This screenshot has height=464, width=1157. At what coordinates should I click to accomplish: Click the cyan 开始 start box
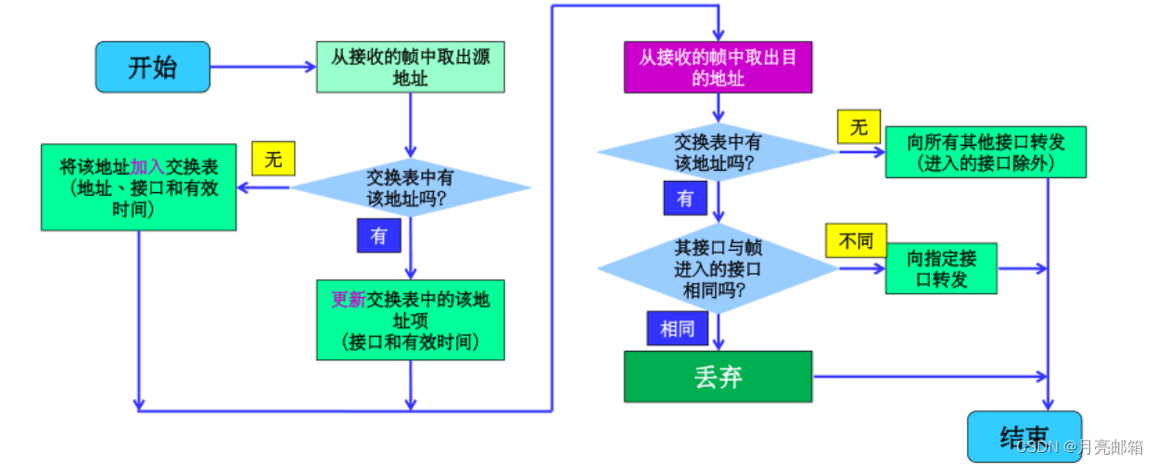tap(152, 67)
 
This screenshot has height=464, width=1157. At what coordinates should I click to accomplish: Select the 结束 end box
tap(1023, 436)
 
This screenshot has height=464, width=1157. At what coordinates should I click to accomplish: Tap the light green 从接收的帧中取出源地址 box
tap(411, 67)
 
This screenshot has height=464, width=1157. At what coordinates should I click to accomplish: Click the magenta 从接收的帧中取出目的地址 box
tap(718, 67)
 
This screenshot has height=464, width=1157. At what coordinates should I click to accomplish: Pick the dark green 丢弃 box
tap(718, 376)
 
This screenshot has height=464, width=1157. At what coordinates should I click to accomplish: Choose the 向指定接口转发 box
tap(941, 268)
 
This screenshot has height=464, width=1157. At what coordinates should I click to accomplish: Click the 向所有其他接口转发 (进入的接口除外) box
tap(985, 152)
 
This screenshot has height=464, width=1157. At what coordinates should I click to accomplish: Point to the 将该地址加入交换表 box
tap(138, 187)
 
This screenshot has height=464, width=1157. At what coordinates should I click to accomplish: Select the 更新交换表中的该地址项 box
tap(411, 319)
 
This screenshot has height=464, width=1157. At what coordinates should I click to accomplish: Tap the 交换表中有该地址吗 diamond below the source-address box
tap(411, 187)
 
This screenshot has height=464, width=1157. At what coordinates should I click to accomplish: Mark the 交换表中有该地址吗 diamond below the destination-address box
tap(718, 152)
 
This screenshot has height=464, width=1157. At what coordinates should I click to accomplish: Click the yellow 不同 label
tap(856, 241)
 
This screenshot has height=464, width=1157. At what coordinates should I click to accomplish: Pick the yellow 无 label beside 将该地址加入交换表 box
tap(273, 159)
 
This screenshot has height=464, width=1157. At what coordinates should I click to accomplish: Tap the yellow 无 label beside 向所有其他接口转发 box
tap(858, 127)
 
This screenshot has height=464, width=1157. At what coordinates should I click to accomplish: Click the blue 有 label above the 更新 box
tap(378, 236)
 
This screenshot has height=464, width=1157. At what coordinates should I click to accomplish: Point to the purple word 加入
tap(147, 167)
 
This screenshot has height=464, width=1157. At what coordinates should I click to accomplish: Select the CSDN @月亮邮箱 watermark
tap(1080, 448)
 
